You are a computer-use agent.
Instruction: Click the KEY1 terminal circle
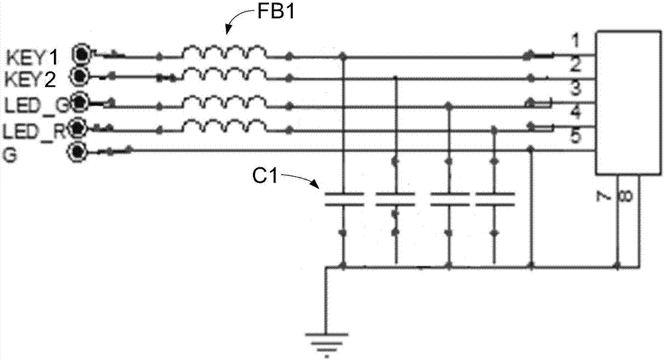[x=82, y=53]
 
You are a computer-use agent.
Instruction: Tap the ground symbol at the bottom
[x=325, y=342]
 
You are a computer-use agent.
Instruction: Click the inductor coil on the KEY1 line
[x=225, y=52]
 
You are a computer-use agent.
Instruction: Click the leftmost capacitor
[x=343, y=199]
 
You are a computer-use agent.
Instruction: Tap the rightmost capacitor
[x=495, y=199]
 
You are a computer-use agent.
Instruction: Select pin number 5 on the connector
[x=577, y=137]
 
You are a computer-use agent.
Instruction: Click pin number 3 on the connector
[x=577, y=87]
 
